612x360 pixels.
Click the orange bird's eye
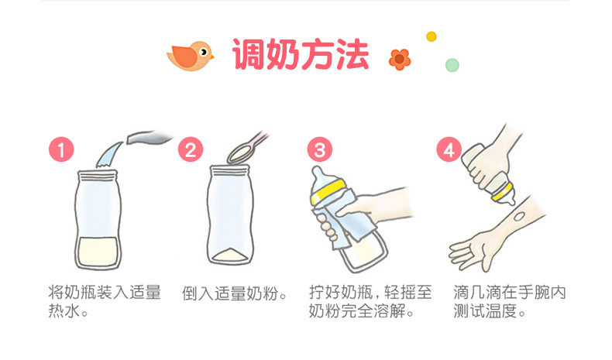[203, 51]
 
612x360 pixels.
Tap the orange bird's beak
[212, 57]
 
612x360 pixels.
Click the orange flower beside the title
[400, 60]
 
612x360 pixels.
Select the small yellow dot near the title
[431, 36]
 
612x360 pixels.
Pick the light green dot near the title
[452, 65]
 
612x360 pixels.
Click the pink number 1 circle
[61, 149]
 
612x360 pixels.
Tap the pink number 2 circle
[191, 149]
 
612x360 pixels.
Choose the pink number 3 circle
[320, 149]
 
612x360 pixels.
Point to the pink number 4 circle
[449, 149]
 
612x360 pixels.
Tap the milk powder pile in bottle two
[229, 255]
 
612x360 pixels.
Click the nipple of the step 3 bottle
[318, 175]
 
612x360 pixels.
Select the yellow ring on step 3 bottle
[328, 192]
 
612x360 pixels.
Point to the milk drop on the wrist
[519, 216]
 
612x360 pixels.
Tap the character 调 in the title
[249, 54]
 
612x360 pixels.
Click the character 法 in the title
[352, 54]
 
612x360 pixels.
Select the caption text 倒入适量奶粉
[230, 293]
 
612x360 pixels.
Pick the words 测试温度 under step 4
[485, 311]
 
